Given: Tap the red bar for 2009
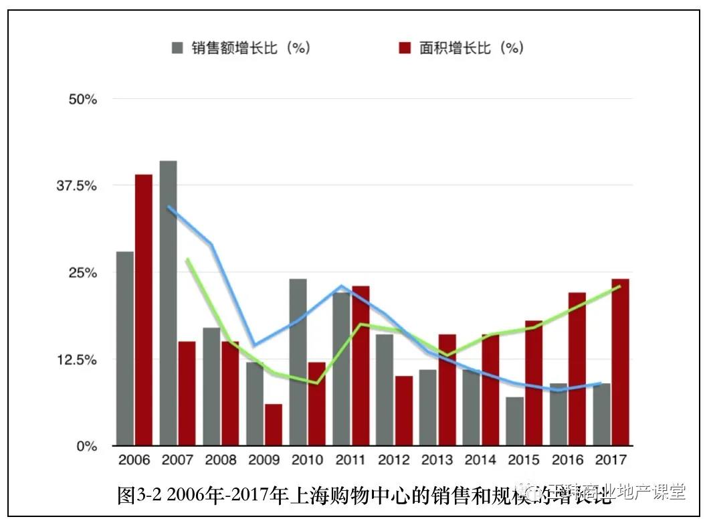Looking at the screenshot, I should (273, 425).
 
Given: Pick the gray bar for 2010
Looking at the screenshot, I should (298, 362).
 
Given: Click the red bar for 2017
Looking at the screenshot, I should (620, 362).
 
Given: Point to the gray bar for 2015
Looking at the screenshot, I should (514, 421).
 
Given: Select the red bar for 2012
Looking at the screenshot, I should (403, 411).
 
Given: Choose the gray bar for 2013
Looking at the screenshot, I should (428, 407).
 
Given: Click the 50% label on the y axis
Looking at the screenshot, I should (83, 99).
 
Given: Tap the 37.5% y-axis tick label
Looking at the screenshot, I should (78, 185).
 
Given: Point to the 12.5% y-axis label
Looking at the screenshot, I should (78, 359).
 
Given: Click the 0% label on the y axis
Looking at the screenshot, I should (86, 445).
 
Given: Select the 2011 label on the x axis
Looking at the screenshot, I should (350, 461).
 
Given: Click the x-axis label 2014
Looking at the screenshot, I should (480, 461).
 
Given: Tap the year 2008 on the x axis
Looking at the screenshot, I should (221, 461).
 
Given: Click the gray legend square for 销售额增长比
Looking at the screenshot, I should (177, 48).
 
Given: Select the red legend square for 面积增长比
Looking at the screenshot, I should (404, 48).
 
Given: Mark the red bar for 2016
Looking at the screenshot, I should (577, 369).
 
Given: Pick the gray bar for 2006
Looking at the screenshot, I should (124, 348).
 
